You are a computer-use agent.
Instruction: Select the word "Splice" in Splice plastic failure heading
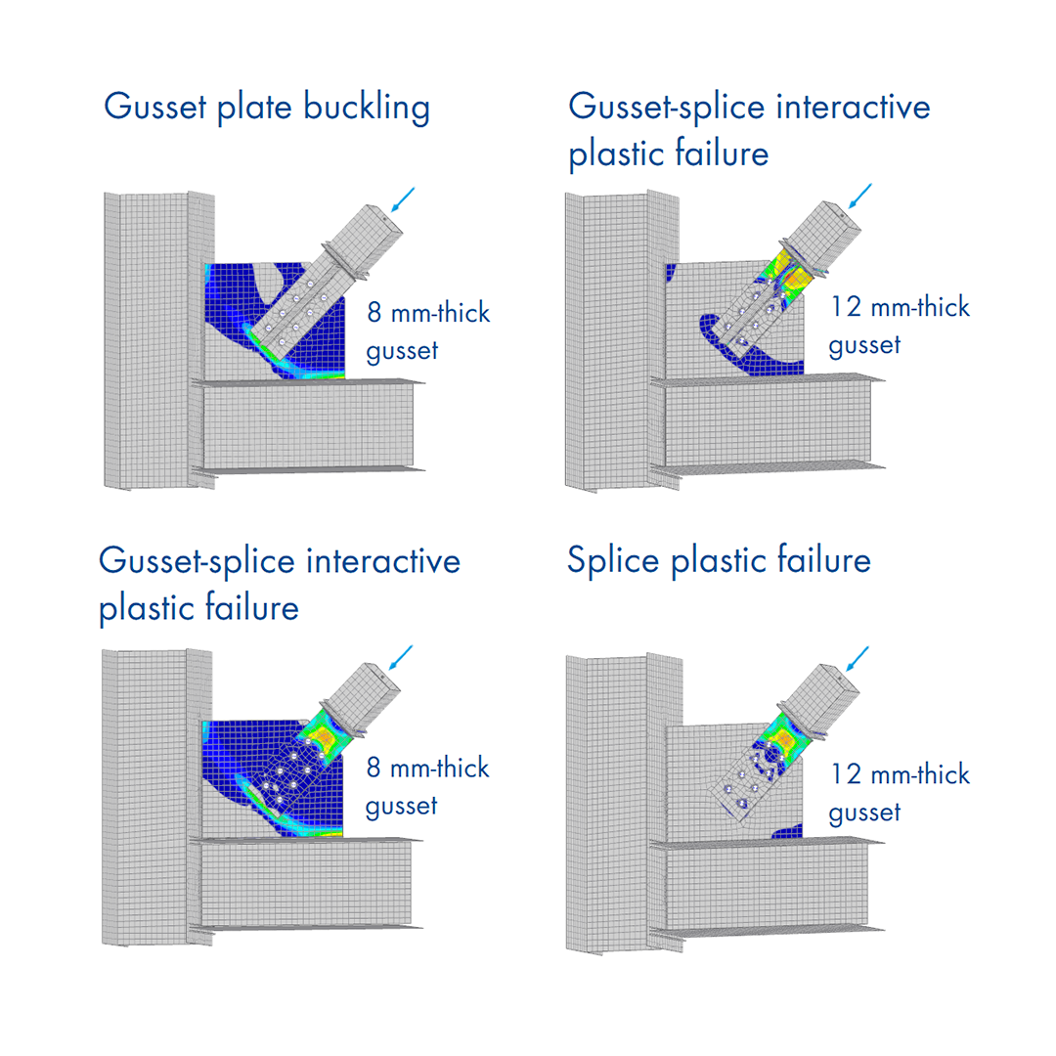click(618, 561)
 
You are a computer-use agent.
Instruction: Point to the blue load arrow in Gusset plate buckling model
click(402, 199)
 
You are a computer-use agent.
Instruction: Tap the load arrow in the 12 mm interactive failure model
click(860, 197)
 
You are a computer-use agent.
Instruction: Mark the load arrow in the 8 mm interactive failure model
click(401, 657)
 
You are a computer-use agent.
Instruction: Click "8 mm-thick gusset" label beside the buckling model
click(427, 332)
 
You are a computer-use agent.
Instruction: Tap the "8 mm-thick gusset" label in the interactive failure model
click(427, 786)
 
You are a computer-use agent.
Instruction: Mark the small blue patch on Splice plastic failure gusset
click(788, 831)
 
